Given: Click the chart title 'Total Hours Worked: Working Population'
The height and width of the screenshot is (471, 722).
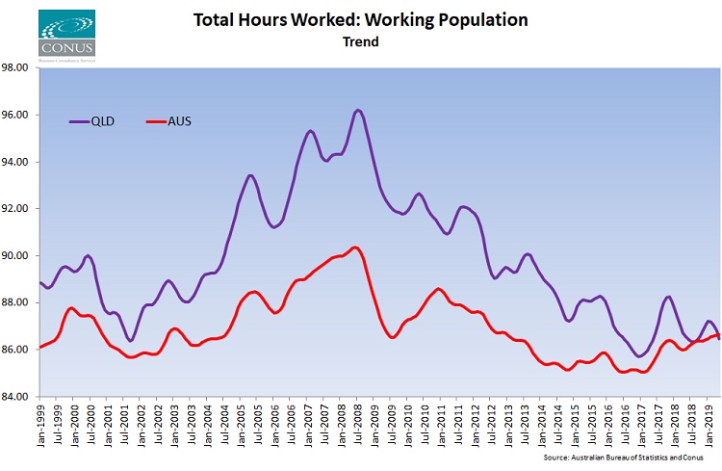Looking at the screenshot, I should [360, 20].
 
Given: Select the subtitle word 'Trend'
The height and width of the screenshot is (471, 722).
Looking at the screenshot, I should [360, 42].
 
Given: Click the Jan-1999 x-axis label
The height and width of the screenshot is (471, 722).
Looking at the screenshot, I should [42, 424].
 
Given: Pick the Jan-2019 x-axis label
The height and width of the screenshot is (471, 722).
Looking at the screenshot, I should [709, 424].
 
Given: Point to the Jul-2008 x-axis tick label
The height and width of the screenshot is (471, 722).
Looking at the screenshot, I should [359, 424].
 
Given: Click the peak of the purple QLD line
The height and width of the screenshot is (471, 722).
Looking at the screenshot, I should [358, 110].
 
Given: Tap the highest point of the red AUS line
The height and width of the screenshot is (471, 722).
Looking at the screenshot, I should [355, 248].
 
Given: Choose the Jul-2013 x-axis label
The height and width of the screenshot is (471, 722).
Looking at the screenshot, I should [526, 424].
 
